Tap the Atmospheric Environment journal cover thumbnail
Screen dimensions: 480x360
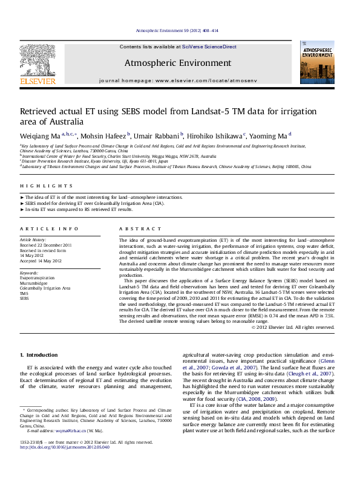coord(317,63)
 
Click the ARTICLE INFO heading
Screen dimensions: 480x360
coord(49,229)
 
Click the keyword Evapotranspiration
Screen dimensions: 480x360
coord(41,278)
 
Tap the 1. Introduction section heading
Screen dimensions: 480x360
coord(39,354)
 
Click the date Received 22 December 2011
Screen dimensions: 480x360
coord(45,245)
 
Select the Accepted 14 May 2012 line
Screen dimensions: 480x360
coord(41,261)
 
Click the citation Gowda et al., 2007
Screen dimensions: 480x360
coord(227,367)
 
